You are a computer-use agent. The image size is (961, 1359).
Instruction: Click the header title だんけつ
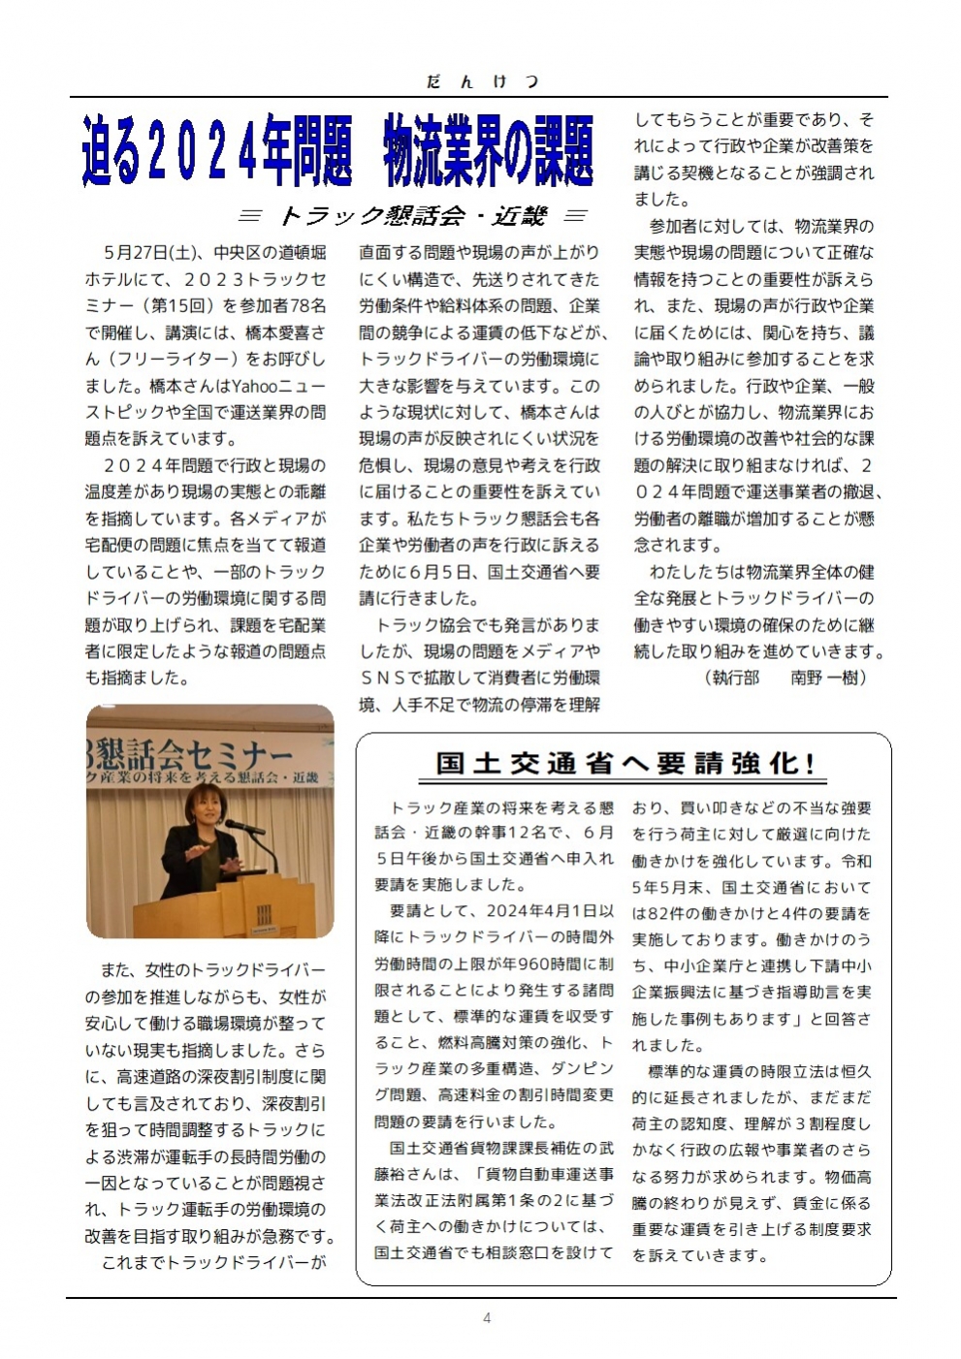coord(482,81)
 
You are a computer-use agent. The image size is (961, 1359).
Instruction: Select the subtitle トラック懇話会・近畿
coord(413,215)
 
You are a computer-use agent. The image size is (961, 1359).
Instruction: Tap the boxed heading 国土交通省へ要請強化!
coord(625,763)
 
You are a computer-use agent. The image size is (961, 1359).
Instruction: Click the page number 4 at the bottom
coord(487,1317)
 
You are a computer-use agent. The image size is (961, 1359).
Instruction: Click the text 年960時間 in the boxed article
coord(549,964)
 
